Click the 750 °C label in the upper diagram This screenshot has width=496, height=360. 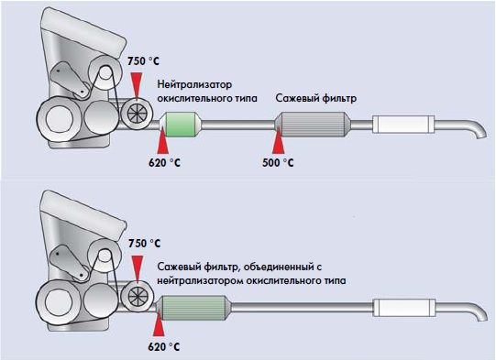tap(143, 61)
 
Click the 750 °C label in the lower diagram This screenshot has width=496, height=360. tap(144, 244)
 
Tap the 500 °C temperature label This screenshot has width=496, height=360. tap(278, 162)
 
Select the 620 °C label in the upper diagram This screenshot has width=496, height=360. tap(164, 162)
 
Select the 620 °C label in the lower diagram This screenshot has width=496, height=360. tap(164, 347)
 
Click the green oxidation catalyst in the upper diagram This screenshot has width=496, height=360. tap(181, 125)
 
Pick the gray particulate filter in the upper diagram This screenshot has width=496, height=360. tap(313, 125)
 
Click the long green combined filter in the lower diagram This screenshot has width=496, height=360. tap(194, 308)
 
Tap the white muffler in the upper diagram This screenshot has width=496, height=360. tap(403, 125)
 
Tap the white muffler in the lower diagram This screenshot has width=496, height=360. tap(404, 308)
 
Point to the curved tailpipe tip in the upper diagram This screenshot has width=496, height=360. tap(479, 129)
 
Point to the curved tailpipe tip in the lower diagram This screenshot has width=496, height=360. tap(479, 312)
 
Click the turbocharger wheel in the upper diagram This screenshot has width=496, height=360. tap(138, 112)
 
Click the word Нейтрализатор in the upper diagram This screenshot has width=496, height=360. tap(194, 84)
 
